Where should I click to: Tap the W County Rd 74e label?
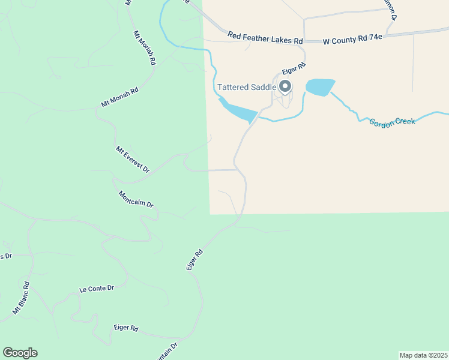[x=352, y=40]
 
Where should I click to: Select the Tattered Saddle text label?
[x=246, y=87]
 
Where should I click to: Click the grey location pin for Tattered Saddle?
[x=285, y=87]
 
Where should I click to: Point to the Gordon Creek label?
[x=392, y=122]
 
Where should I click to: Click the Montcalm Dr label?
[x=136, y=200]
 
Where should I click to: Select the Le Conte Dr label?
[x=96, y=289]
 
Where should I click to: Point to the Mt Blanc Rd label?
[x=21, y=298]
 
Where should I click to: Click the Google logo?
[x=20, y=353]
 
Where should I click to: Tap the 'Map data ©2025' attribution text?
[x=423, y=355]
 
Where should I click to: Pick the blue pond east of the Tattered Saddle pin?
[x=319, y=87]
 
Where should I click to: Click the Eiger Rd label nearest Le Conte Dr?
[x=126, y=329]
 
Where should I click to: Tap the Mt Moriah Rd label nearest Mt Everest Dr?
[x=119, y=98]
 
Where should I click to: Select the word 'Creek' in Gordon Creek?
[x=403, y=121]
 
